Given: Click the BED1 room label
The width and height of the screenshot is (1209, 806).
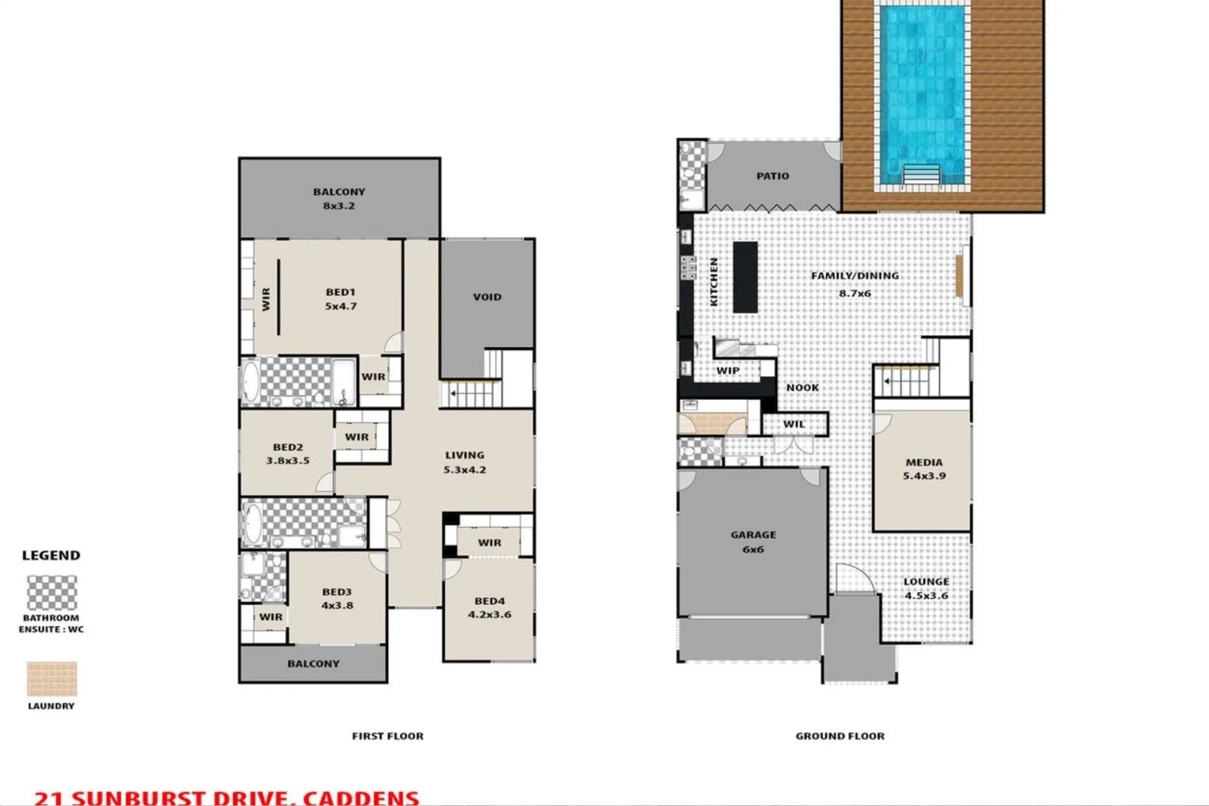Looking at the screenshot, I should coord(340,293).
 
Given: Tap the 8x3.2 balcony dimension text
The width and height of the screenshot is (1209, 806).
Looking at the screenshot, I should coord(339,206).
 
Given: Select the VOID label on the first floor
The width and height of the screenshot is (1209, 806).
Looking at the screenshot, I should coord(487,297).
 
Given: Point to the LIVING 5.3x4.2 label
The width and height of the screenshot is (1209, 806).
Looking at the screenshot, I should coord(465,462).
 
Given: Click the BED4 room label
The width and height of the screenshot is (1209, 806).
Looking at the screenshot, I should coord(490,601).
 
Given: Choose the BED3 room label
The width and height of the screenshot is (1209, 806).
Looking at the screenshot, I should coord(337,592).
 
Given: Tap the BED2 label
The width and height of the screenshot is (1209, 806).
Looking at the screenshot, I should coord(287,447).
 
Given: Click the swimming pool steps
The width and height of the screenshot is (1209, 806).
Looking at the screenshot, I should coord(922,175).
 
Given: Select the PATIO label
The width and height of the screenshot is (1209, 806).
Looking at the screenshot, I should coord(772,176).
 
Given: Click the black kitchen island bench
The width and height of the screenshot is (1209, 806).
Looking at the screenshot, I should coord(745,277).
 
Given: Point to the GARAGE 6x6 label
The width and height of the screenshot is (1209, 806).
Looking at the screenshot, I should coord(753,542).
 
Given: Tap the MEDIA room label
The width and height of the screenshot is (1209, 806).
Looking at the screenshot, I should coord(924,462).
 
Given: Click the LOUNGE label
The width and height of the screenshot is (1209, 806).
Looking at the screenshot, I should coord(926,581).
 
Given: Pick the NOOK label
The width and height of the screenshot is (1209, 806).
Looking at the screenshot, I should coord(802,387).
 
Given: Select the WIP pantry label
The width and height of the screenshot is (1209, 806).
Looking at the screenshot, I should coord(728,370).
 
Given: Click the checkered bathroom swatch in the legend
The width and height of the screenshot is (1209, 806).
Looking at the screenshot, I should coord(52,593).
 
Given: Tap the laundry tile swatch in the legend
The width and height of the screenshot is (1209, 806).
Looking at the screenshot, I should coord(52,679).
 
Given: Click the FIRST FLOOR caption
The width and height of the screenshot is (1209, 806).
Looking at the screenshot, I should coord(387,736).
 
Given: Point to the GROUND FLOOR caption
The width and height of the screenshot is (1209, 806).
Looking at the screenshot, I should coord(840,736).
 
